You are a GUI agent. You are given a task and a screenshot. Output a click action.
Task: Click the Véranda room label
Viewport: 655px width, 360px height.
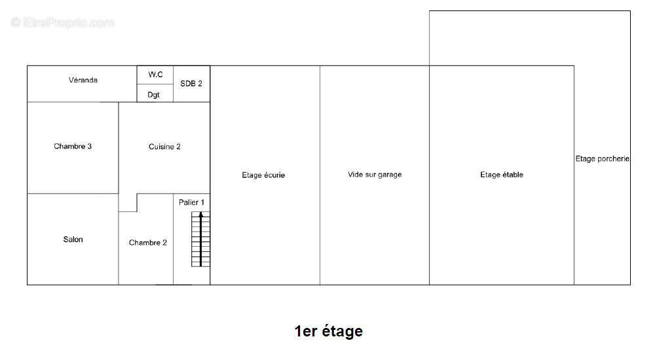pyautogui.click(x=83, y=80)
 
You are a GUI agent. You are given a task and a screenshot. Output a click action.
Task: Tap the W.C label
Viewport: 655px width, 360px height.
pyautogui.click(x=155, y=75)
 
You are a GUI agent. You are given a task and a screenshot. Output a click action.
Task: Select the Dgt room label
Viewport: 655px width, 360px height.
pyautogui.click(x=153, y=95)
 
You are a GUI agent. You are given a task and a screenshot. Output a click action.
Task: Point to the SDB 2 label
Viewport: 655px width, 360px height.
pyautogui.click(x=191, y=84)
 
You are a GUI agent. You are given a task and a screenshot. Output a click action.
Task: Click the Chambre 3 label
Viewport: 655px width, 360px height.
pyautogui.click(x=73, y=146)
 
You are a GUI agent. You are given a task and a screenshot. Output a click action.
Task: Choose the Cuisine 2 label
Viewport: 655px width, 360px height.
pyautogui.click(x=164, y=147)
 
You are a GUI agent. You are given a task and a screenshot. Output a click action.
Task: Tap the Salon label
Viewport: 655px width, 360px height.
pyautogui.click(x=73, y=240)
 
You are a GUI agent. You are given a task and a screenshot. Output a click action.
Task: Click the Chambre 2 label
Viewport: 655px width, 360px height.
pyautogui.click(x=148, y=243)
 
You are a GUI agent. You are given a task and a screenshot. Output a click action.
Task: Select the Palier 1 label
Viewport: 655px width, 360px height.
pyautogui.click(x=191, y=202)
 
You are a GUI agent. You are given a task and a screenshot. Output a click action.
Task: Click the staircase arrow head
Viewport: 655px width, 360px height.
pyautogui.click(x=200, y=215)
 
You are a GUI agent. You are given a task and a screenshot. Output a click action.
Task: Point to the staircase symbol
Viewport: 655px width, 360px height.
pyautogui.click(x=200, y=239)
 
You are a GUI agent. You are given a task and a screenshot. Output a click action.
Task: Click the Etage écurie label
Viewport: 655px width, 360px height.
pyautogui.click(x=263, y=175)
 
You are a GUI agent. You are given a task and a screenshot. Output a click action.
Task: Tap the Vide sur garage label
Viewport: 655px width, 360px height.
pyautogui.click(x=375, y=175)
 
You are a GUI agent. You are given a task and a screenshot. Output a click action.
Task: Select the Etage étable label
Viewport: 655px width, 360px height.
pyautogui.click(x=502, y=175)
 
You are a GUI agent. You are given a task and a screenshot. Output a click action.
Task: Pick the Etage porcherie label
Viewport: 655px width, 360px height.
pyautogui.click(x=603, y=158)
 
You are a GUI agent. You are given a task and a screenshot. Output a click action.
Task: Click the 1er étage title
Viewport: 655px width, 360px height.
pyautogui.click(x=328, y=331)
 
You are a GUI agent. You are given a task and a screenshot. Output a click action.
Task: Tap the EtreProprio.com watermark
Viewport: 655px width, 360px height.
pyautogui.click(x=63, y=22)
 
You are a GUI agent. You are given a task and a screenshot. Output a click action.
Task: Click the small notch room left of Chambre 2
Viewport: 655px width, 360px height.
pyautogui.click(x=128, y=202)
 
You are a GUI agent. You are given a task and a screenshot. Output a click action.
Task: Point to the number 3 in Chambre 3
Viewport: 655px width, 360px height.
pyautogui.click(x=89, y=146)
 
